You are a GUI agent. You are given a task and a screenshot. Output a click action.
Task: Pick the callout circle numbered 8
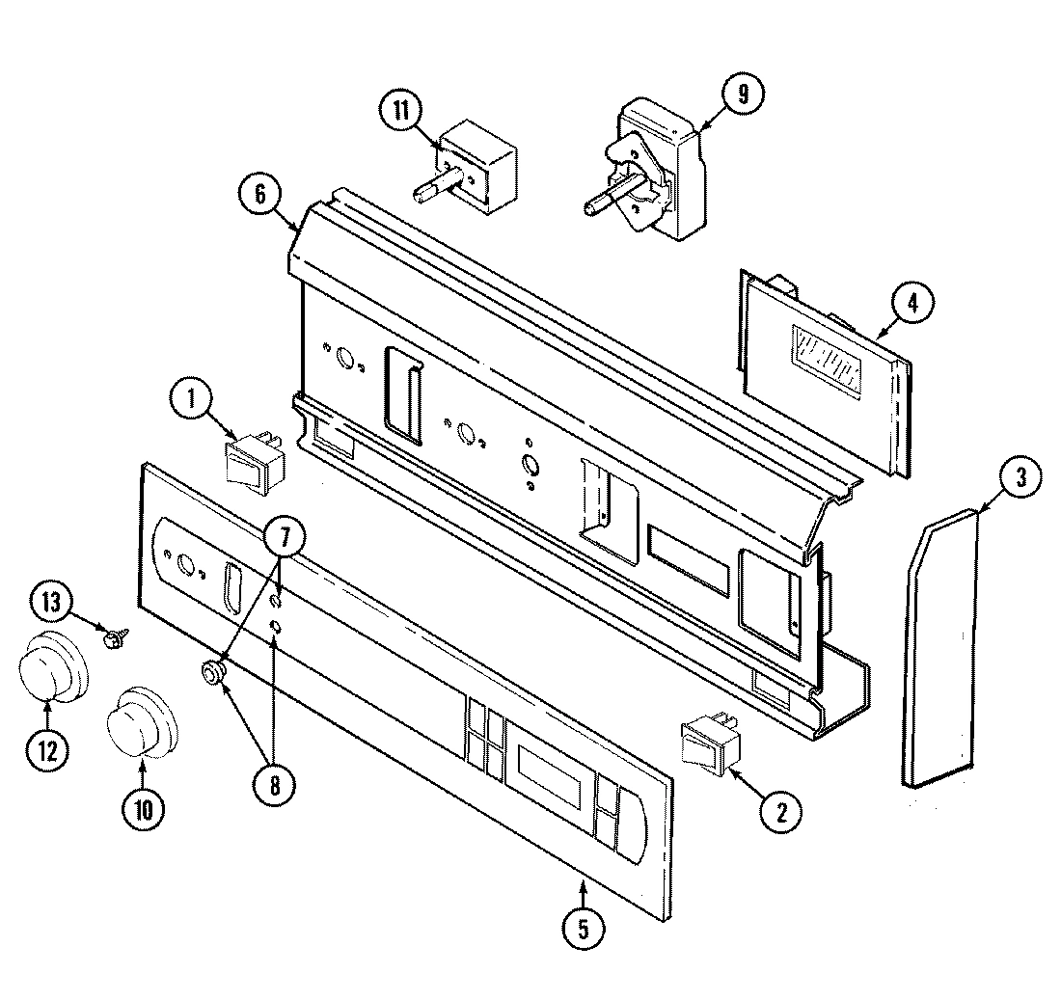pos(275,786)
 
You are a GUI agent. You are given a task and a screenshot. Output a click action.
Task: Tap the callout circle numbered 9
pos(740,95)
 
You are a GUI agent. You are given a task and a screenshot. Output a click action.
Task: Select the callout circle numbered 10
pos(143,809)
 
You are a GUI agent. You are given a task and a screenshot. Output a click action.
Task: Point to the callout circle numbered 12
pos(45,751)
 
